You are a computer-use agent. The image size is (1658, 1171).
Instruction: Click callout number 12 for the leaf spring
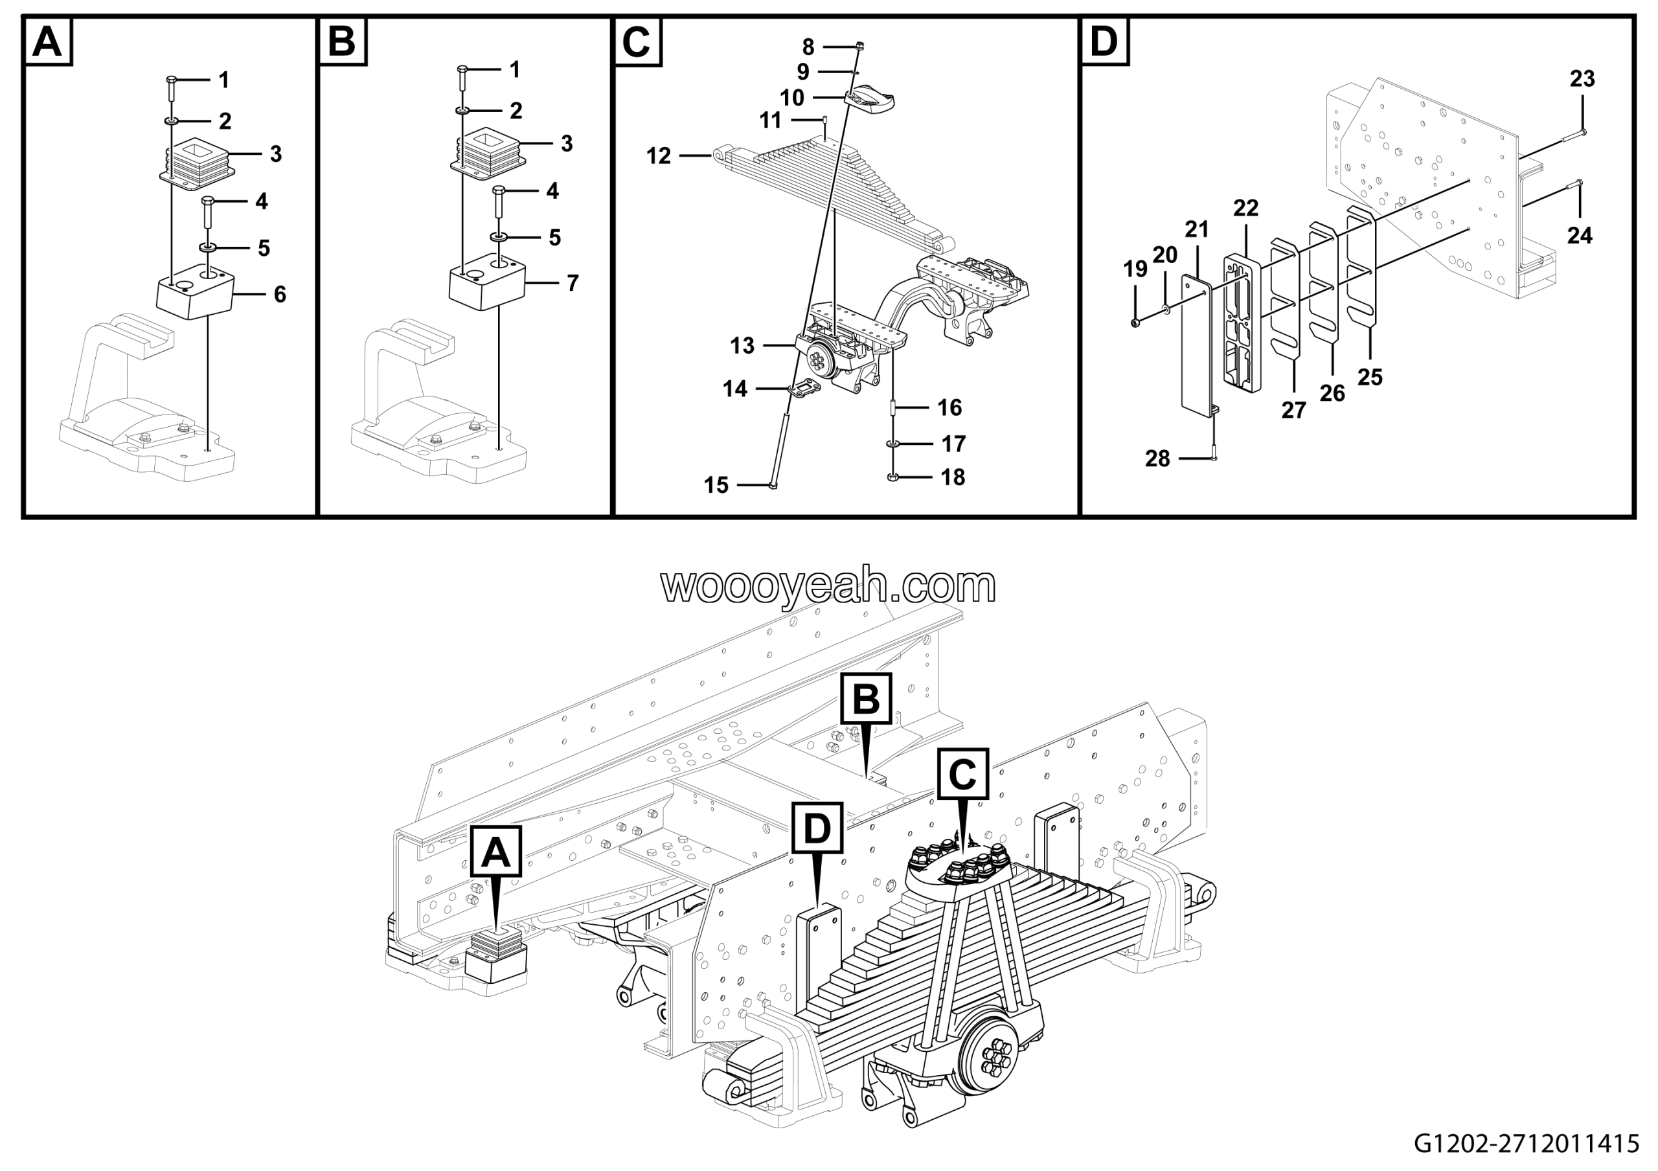pos(658,156)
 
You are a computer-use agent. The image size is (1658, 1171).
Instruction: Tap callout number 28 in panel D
pos(1157,459)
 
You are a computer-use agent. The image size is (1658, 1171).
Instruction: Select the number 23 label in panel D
pos(1582,78)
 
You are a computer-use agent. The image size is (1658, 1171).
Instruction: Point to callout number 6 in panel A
pos(279,295)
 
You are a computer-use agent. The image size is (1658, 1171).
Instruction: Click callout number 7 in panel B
pos(572,283)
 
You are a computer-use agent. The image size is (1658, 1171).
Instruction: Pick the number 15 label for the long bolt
pos(716,485)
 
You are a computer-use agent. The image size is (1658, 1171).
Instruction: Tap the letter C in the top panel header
pos(636,42)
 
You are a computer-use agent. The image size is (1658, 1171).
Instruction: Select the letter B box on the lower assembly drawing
pos(866,699)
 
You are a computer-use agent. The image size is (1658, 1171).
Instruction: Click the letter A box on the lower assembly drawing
pos(495,852)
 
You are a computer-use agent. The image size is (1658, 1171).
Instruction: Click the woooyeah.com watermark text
pos(828,585)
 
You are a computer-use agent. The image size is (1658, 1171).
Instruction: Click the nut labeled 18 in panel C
pos(892,477)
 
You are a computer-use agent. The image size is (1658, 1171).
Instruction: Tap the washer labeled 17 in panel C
pos(893,442)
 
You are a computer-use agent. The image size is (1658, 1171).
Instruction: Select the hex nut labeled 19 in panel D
pos(1135,322)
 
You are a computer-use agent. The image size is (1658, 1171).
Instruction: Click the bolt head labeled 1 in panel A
pos(171,78)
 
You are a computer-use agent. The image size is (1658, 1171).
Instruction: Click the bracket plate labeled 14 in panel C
pos(804,390)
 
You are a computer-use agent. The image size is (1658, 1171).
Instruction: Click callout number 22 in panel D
pos(1245,208)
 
